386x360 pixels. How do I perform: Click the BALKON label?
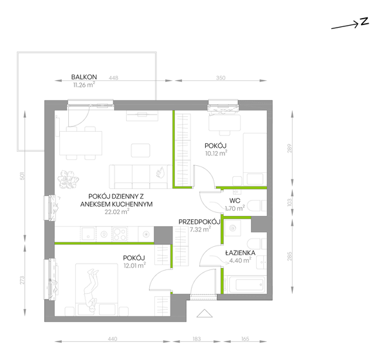click(84, 77)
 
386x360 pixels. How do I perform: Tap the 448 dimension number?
click(113, 78)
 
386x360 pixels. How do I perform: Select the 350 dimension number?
click(221, 78)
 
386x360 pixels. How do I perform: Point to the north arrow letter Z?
click(364, 21)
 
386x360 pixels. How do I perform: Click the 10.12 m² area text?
click(216, 153)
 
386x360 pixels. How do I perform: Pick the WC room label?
click(235, 201)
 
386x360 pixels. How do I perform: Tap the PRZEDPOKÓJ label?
click(199, 222)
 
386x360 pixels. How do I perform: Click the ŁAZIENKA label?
click(240, 253)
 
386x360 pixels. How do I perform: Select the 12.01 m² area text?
click(135, 265)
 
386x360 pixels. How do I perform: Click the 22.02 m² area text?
click(117, 212)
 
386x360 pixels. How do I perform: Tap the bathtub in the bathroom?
click(247, 285)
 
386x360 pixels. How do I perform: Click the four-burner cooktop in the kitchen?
click(120, 234)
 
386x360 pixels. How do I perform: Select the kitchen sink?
click(88, 233)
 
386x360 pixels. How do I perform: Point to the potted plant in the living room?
click(68, 179)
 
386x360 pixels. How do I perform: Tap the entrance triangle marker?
click(205, 313)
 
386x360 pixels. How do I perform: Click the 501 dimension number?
click(23, 175)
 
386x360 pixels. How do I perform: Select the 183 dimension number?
click(197, 339)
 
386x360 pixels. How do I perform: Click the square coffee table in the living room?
click(140, 150)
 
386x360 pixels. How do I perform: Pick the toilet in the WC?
click(257, 206)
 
